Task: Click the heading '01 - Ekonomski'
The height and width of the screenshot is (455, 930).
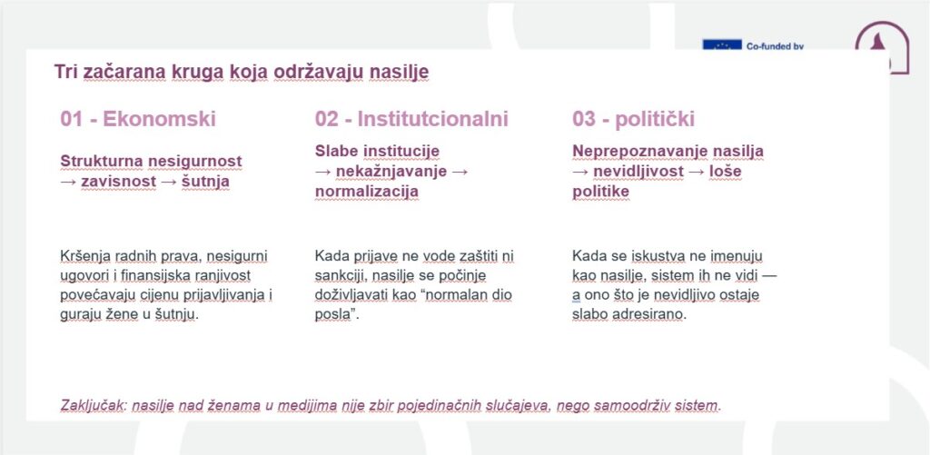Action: click(138, 119)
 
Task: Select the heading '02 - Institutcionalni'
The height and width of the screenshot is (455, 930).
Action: click(411, 119)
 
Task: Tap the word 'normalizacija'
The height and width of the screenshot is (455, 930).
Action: click(367, 191)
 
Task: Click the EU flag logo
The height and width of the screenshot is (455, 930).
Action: click(720, 45)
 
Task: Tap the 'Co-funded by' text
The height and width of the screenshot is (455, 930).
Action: click(776, 45)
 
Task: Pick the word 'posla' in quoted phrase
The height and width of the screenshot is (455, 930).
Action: click(332, 314)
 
